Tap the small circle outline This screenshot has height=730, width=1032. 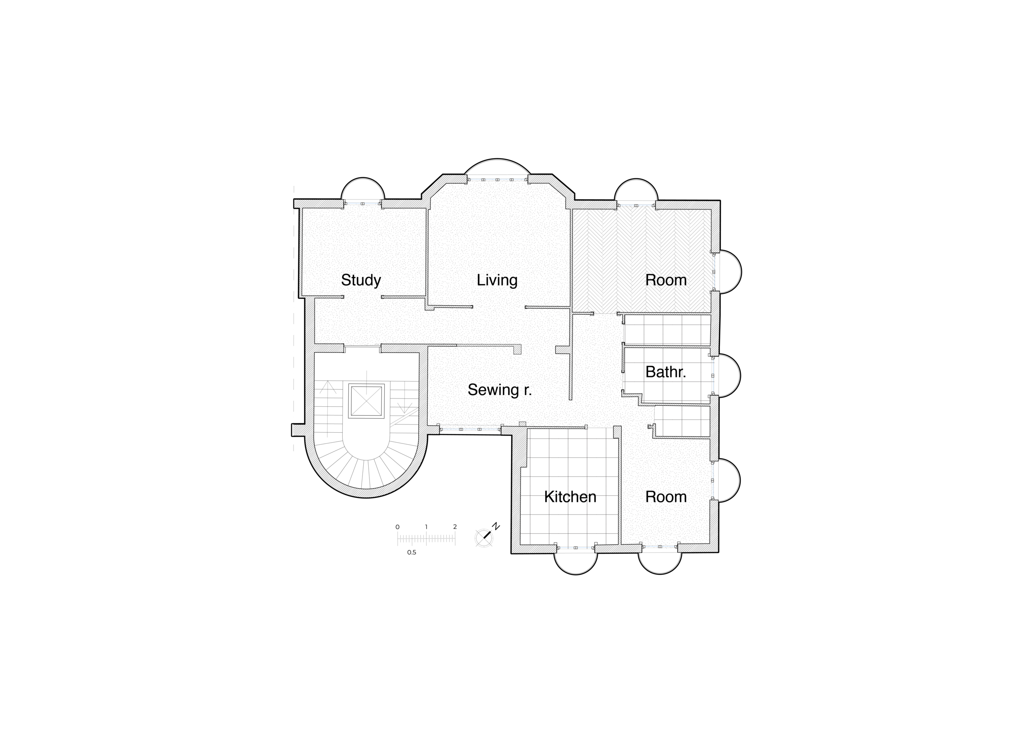click(484, 538)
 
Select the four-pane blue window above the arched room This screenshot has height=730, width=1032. click(497, 180)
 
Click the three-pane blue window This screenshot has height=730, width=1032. click(470, 430)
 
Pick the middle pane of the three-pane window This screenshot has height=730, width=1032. click(470, 430)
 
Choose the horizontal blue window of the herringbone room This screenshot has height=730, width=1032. click(636, 206)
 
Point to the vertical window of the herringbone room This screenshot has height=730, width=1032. click(713, 273)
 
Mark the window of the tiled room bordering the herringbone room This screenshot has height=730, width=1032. click(713, 375)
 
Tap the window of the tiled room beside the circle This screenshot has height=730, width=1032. click(575, 548)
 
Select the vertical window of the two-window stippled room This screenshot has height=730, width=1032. click(712, 481)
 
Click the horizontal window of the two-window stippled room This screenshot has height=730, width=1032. click(660, 547)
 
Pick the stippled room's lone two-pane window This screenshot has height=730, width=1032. click(362, 204)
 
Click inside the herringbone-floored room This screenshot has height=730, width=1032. click(629, 252)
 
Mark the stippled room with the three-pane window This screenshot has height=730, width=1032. click(476, 386)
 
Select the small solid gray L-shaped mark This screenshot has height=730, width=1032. click(376, 345)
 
